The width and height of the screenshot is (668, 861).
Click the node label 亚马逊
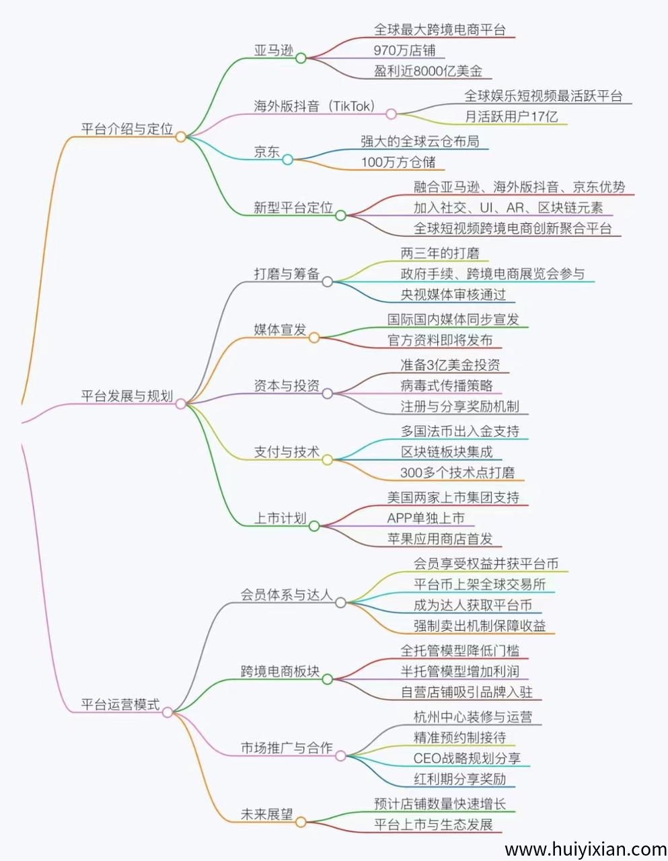(x=274, y=50)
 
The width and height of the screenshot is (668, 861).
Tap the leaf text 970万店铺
(x=404, y=50)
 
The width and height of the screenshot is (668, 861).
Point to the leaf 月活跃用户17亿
(x=511, y=116)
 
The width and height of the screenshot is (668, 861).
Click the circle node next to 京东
(x=287, y=159)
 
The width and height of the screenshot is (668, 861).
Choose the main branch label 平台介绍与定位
(x=126, y=129)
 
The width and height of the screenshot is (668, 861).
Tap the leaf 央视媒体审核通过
(x=453, y=295)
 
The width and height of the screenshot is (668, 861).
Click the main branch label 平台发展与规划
(x=126, y=396)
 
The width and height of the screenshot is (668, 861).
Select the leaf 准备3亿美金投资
(x=450, y=365)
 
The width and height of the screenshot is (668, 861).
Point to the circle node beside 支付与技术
(x=327, y=460)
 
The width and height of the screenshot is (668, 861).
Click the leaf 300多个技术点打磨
(x=457, y=472)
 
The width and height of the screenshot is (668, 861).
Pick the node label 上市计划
(x=280, y=519)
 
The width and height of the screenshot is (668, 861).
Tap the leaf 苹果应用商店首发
(x=440, y=539)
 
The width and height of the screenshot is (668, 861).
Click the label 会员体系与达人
(x=287, y=595)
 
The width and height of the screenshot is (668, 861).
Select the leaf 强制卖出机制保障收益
(x=480, y=626)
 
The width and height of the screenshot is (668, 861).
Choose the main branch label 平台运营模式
(x=120, y=705)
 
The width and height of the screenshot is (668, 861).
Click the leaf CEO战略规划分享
(x=467, y=759)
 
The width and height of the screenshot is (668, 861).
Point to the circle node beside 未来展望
(x=301, y=822)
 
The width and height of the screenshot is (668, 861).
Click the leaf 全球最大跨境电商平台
(x=440, y=30)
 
